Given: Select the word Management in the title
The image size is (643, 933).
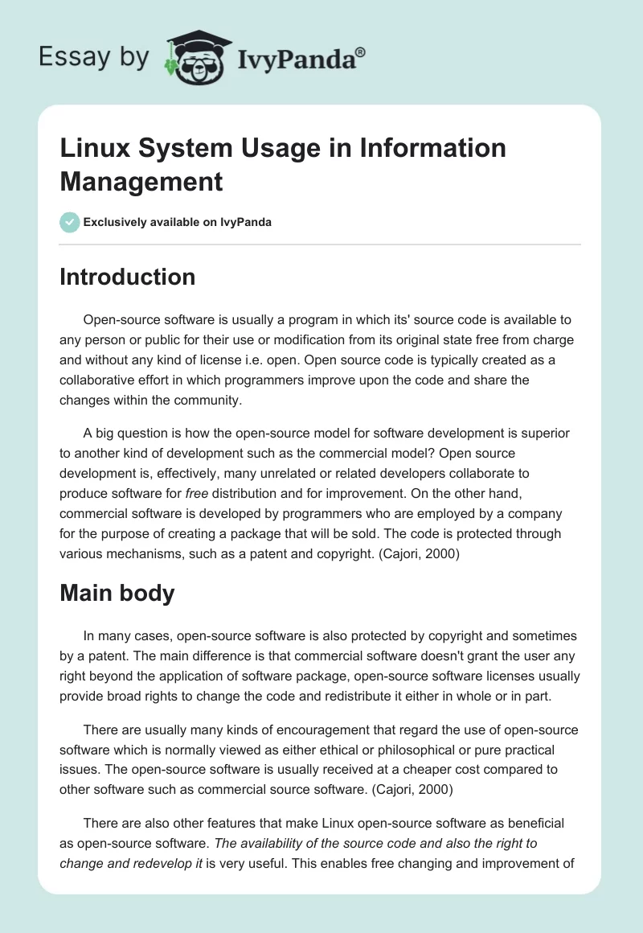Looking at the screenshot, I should [x=141, y=182].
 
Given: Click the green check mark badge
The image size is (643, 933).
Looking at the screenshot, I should [x=70, y=222].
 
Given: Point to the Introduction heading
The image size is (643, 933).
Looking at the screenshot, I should [x=128, y=277].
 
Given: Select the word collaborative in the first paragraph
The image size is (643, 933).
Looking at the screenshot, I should [x=96, y=380].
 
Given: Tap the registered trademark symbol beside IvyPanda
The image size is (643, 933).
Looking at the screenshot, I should [x=360, y=51].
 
